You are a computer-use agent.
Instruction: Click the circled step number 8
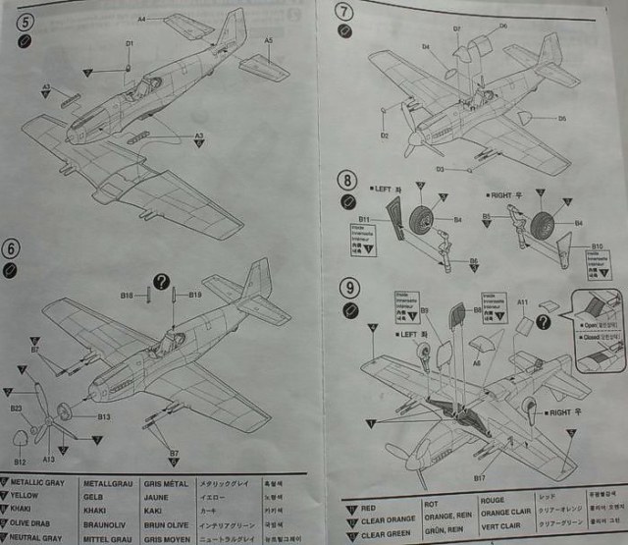[346, 180]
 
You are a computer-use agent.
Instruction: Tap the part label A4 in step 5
[141, 19]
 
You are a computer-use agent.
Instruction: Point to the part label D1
[129, 43]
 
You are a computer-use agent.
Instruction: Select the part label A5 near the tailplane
[267, 39]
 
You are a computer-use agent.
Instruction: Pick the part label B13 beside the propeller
[103, 416]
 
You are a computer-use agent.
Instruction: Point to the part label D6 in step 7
[502, 26]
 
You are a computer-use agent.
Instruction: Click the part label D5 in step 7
[562, 118]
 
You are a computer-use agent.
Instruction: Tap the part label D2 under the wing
[385, 135]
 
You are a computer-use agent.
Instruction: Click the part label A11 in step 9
[522, 302]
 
